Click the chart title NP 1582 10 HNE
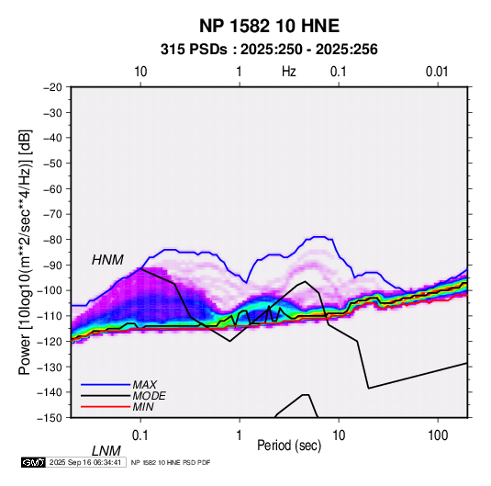(269, 26)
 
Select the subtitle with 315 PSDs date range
(269, 50)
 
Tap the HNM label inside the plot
(107, 260)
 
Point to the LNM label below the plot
(106, 451)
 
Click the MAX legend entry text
(145, 384)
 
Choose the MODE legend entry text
(149, 396)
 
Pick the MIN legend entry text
(143, 407)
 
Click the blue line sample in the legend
(106, 385)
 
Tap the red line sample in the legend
(106, 407)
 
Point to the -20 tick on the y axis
(52, 87)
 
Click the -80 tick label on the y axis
(52, 240)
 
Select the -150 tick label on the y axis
(50, 418)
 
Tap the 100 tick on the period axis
(438, 435)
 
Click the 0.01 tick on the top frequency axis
(437, 72)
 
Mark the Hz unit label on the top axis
(289, 72)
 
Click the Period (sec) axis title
(289, 446)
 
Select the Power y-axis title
(25, 253)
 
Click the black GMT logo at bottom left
(34, 462)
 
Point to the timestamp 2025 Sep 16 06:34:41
(85, 462)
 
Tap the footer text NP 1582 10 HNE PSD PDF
(171, 462)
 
